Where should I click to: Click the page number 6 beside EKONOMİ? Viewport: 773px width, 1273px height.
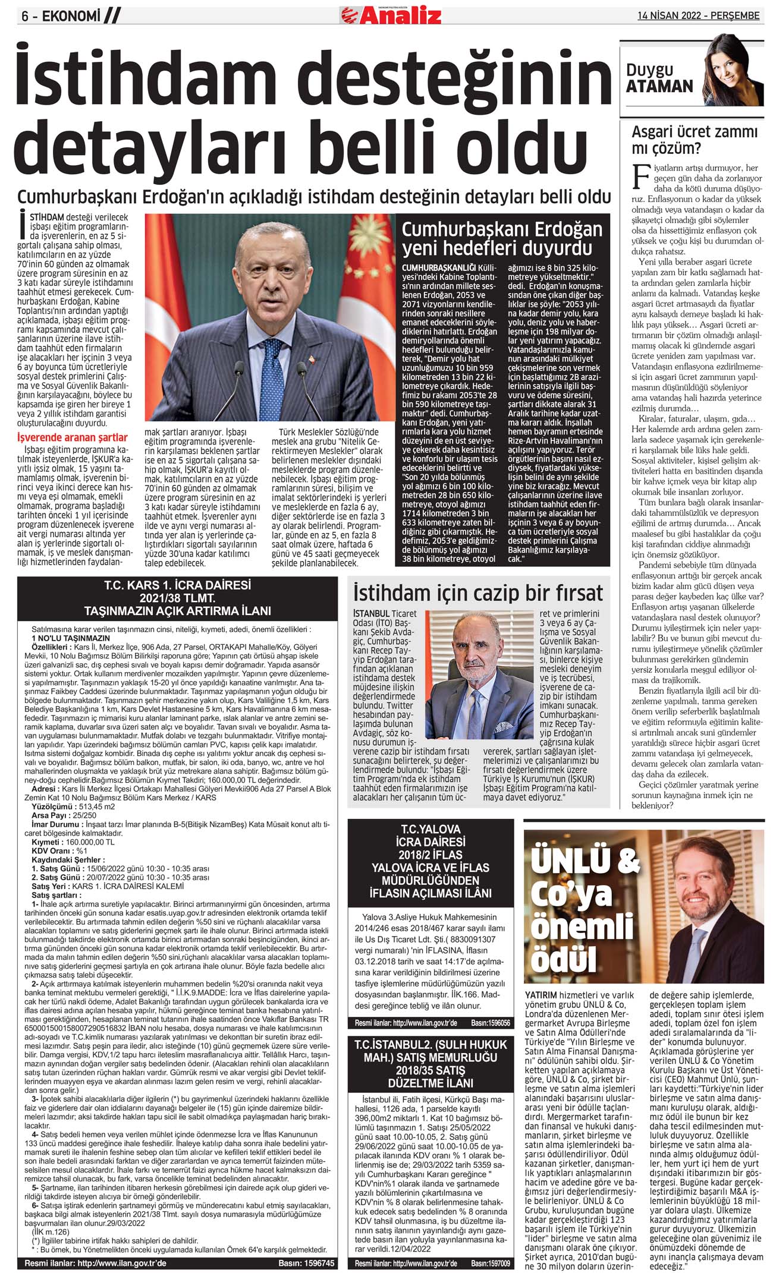[25, 17]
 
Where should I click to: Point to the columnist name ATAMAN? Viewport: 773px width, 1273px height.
[659, 87]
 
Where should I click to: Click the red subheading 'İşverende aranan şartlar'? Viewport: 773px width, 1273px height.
[73, 439]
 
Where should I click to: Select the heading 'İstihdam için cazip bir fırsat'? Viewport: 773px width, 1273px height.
[477, 593]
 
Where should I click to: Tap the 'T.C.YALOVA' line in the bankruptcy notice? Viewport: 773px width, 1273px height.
[431, 829]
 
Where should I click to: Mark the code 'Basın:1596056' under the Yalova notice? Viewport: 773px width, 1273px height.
[490, 1023]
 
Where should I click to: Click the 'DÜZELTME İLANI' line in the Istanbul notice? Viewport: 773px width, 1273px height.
[431, 1083]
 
